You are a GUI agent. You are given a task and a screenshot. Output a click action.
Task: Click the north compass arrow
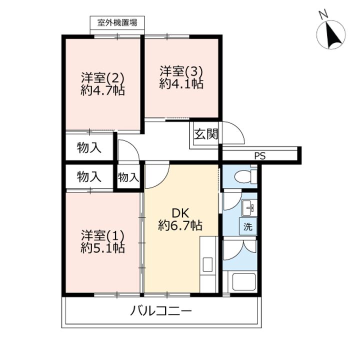click(330, 35)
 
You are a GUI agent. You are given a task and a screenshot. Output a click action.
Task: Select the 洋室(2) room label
click(102, 78)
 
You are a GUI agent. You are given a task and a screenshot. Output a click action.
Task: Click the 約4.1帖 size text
click(181, 84)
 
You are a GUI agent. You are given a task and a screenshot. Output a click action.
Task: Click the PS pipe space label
click(259, 155)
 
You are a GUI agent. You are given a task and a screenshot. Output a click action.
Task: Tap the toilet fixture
click(245, 177)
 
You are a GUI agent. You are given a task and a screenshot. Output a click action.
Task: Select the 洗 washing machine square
click(248, 226)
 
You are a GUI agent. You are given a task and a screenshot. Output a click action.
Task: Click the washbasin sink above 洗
click(248, 207)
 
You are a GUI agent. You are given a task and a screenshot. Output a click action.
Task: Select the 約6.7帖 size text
click(180, 225)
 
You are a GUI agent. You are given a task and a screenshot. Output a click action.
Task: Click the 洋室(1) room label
click(102, 235)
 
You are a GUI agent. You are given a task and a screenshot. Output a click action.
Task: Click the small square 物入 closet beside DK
click(128, 177)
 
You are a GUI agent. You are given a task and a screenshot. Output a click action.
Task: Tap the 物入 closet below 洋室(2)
click(89, 147)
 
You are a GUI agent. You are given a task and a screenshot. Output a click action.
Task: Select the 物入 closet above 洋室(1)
click(89, 176)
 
